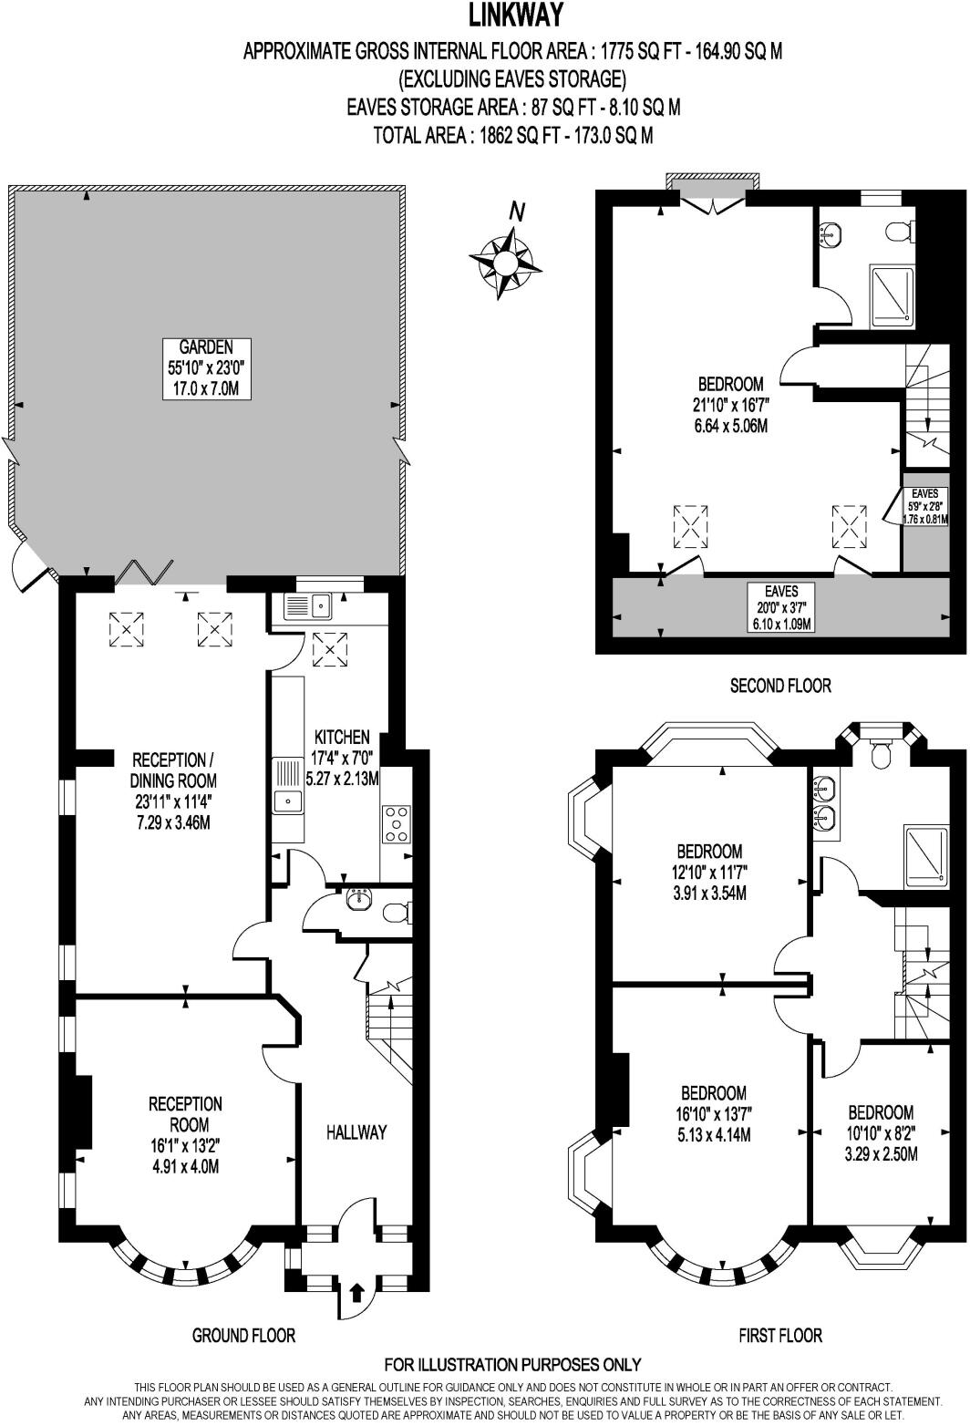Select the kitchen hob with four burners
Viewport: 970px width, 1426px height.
(x=396, y=823)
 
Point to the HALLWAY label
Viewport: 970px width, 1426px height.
(x=356, y=1132)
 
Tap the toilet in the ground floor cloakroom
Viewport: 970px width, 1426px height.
(x=396, y=912)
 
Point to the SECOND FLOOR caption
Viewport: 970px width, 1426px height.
(x=780, y=686)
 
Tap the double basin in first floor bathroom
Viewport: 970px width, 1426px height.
(x=824, y=802)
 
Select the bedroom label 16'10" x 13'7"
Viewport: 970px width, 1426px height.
(x=715, y=1113)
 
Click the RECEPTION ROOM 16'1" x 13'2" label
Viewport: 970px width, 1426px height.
(x=185, y=1134)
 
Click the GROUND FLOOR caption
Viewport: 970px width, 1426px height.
(x=243, y=1335)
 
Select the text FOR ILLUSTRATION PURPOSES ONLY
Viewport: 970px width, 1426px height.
(x=512, y=1365)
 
